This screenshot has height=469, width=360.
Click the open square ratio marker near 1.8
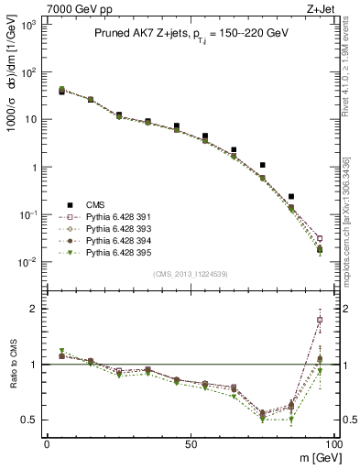coord(319,320)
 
